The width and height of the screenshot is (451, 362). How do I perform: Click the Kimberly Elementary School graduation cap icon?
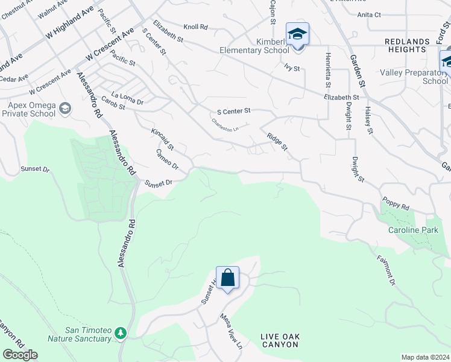pos(297,34)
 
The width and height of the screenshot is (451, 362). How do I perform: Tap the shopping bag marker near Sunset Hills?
pos(228,278)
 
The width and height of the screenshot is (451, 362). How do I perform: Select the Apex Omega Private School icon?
pos(65,109)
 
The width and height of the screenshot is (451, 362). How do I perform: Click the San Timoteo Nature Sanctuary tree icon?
pos(121,333)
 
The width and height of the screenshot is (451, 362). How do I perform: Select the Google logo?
pos(20,355)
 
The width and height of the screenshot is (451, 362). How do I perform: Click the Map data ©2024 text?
pos(424,357)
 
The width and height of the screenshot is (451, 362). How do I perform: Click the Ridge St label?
pos(277,143)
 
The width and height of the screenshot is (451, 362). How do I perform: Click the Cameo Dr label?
pos(167,159)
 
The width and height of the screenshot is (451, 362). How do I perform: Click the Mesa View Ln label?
pos(230,331)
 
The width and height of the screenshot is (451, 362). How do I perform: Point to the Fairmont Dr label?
pos(386,270)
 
